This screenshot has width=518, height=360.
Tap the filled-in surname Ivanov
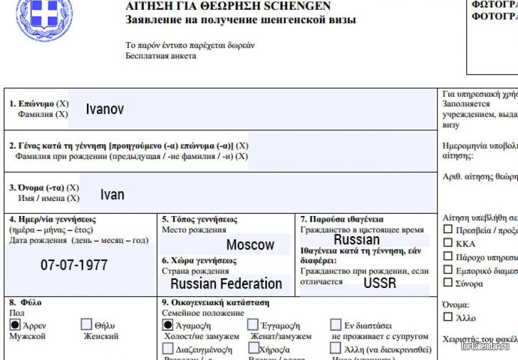pyautogui.click(x=105, y=109)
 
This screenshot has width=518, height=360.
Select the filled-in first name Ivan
pyautogui.click(x=112, y=195)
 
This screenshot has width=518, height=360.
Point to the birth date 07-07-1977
pyautogui.click(x=74, y=266)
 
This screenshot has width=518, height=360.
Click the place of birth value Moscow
pyautogui.click(x=250, y=245)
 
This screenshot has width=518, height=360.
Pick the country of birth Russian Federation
pyautogui.click(x=226, y=283)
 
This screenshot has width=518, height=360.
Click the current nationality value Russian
pyautogui.click(x=357, y=240)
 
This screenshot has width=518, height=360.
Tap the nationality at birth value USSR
pyautogui.click(x=380, y=283)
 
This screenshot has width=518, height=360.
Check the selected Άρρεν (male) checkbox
pyautogui.click(x=16, y=325)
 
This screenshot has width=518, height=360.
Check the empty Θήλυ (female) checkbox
pyautogui.click(x=86, y=325)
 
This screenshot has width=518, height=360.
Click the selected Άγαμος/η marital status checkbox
pyautogui.click(x=167, y=325)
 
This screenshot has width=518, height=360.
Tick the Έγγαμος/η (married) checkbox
pyautogui.click(x=253, y=325)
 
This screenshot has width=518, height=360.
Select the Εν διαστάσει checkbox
pyautogui.click(x=336, y=325)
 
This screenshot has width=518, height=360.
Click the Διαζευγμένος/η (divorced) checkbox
pyautogui.click(x=167, y=348)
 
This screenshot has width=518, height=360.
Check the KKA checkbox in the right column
pyautogui.click(x=448, y=244)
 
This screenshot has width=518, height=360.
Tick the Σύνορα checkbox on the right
pyautogui.click(x=448, y=283)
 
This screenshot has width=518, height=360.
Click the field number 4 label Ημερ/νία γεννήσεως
pyautogui.click(x=52, y=219)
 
